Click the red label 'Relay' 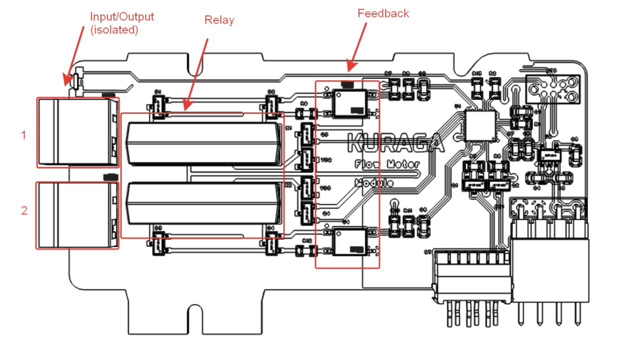click(219, 20)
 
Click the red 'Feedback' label click(383, 13)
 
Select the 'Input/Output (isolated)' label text click(122, 23)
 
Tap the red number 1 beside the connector click(23, 134)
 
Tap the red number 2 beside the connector click(24, 210)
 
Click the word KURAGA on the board click(395, 143)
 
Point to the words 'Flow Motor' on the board click(387, 164)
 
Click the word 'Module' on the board click(374, 182)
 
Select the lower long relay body click(203, 203)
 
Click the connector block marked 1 click(77, 132)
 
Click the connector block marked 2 click(77, 215)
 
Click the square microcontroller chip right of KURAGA click(480, 125)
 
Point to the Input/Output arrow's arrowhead click(66, 82)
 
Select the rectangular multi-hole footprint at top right click(553, 89)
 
